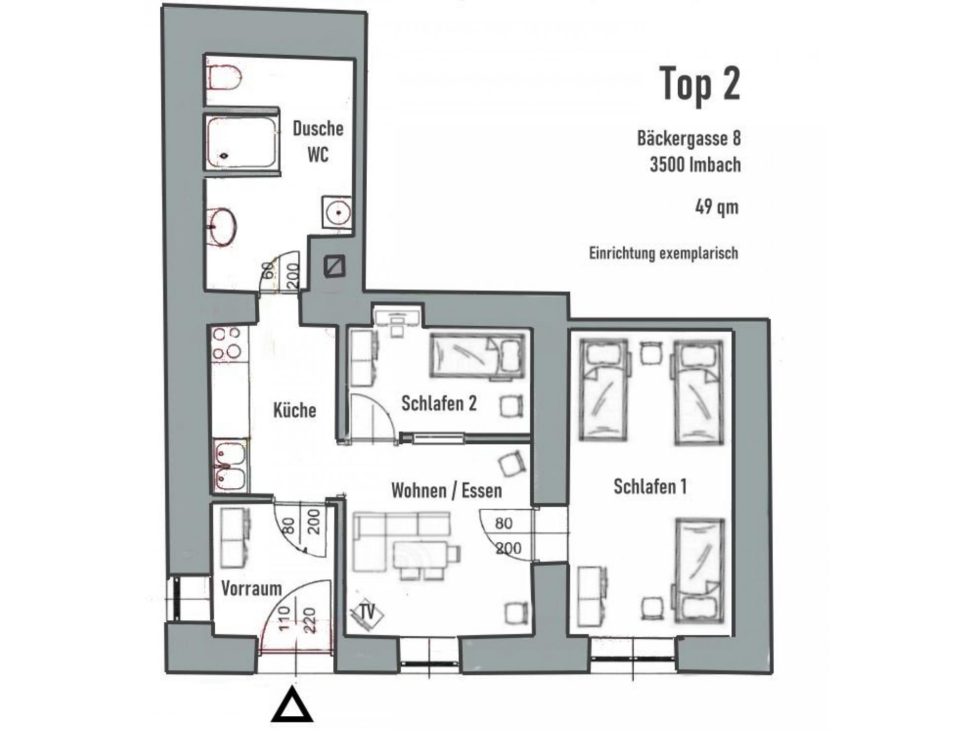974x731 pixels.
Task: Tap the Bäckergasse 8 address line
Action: (x=689, y=139)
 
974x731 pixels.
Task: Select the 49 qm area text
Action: (x=717, y=208)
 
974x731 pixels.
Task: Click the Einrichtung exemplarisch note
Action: (x=664, y=253)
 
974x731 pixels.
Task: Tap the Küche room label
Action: (x=295, y=410)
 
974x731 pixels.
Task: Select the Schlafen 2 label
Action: (x=439, y=404)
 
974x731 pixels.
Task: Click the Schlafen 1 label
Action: (x=650, y=486)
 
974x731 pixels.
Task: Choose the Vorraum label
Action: (x=252, y=589)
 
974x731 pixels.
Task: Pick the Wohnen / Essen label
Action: (x=447, y=491)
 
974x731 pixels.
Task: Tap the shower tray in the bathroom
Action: (x=242, y=143)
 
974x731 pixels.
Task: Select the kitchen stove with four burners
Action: (x=227, y=344)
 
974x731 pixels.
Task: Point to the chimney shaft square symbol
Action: (x=335, y=266)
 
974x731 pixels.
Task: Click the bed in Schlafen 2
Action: (x=477, y=357)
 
